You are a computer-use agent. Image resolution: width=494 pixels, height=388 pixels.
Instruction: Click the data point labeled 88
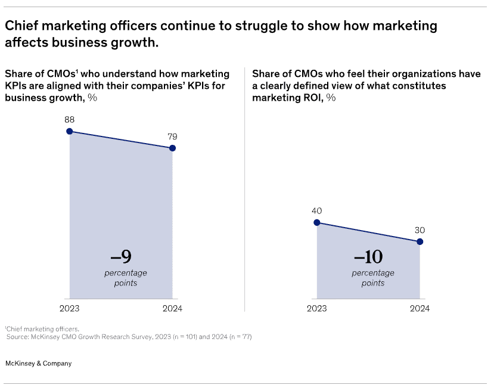(70, 132)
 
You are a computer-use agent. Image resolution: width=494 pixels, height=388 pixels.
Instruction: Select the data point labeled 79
(172, 148)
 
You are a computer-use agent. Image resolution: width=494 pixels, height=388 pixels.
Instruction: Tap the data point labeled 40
(317, 222)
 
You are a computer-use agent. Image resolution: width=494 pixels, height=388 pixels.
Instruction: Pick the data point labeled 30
(420, 241)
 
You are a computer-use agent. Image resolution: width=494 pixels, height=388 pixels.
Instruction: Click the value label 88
(70, 119)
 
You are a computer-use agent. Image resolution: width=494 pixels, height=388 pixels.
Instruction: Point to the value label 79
(173, 135)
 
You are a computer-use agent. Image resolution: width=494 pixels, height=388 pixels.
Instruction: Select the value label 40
(317, 210)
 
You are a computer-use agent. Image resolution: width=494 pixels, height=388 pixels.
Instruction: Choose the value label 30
(420, 229)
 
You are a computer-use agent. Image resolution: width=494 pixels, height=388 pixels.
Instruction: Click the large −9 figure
(122, 257)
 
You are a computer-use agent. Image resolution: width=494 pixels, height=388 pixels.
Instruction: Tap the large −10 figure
(368, 257)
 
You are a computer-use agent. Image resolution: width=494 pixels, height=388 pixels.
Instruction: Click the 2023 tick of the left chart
(70, 309)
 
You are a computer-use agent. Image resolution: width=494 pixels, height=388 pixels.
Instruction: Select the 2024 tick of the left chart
(173, 309)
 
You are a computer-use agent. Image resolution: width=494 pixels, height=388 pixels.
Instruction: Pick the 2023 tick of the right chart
(317, 309)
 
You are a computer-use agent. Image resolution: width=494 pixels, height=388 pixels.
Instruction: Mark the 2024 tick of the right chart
(420, 309)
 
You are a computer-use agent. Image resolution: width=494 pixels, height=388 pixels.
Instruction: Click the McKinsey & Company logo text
(38, 364)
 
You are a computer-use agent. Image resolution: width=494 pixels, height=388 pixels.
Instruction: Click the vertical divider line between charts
(245, 191)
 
